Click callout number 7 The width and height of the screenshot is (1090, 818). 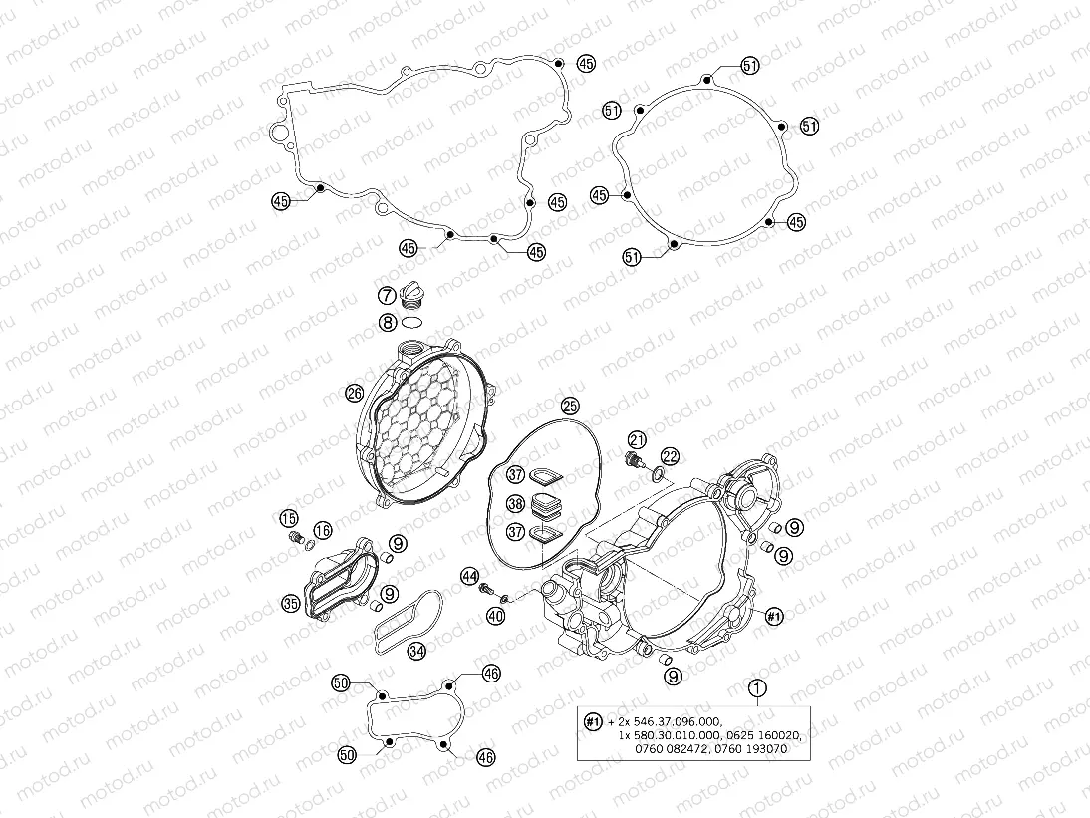coord(386,295)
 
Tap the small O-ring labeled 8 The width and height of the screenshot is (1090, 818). coord(412,321)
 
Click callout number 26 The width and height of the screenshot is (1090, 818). coord(354,394)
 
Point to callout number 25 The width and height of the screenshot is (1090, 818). coord(569,406)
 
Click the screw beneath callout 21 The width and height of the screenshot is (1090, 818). coord(631,461)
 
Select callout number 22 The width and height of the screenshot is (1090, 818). coord(670,456)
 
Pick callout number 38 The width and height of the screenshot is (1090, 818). coord(515,504)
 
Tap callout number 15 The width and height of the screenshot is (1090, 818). coord(287,518)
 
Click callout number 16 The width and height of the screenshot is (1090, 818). coord(322,530)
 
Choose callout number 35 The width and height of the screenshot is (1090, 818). coord(290,602)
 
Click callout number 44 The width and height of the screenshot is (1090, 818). coord(469,576)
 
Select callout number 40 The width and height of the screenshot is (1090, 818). coord(495,617)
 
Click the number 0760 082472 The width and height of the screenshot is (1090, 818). coord(674,748)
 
